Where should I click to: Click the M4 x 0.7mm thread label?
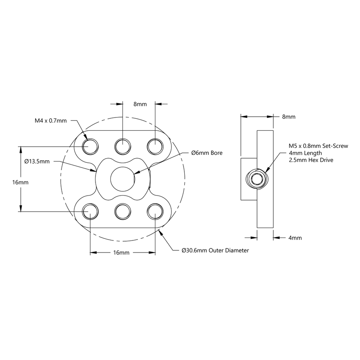tap(50, 121)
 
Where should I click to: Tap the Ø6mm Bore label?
tap(207, 153)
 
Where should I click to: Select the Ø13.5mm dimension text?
tap(37, 161)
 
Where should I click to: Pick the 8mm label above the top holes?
tap(140, 105)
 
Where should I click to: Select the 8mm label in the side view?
tap(289, 117)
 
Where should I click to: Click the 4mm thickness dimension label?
tap(295, 238)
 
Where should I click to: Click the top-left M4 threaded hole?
tap(90, 146)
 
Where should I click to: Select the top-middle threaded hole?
tap(123, 146)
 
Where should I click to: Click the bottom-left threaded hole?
tap(90, 211)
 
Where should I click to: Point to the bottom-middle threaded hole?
tap(123, 211)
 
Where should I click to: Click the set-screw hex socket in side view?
tap(257, 179)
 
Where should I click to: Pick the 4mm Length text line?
tap(305, 153)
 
